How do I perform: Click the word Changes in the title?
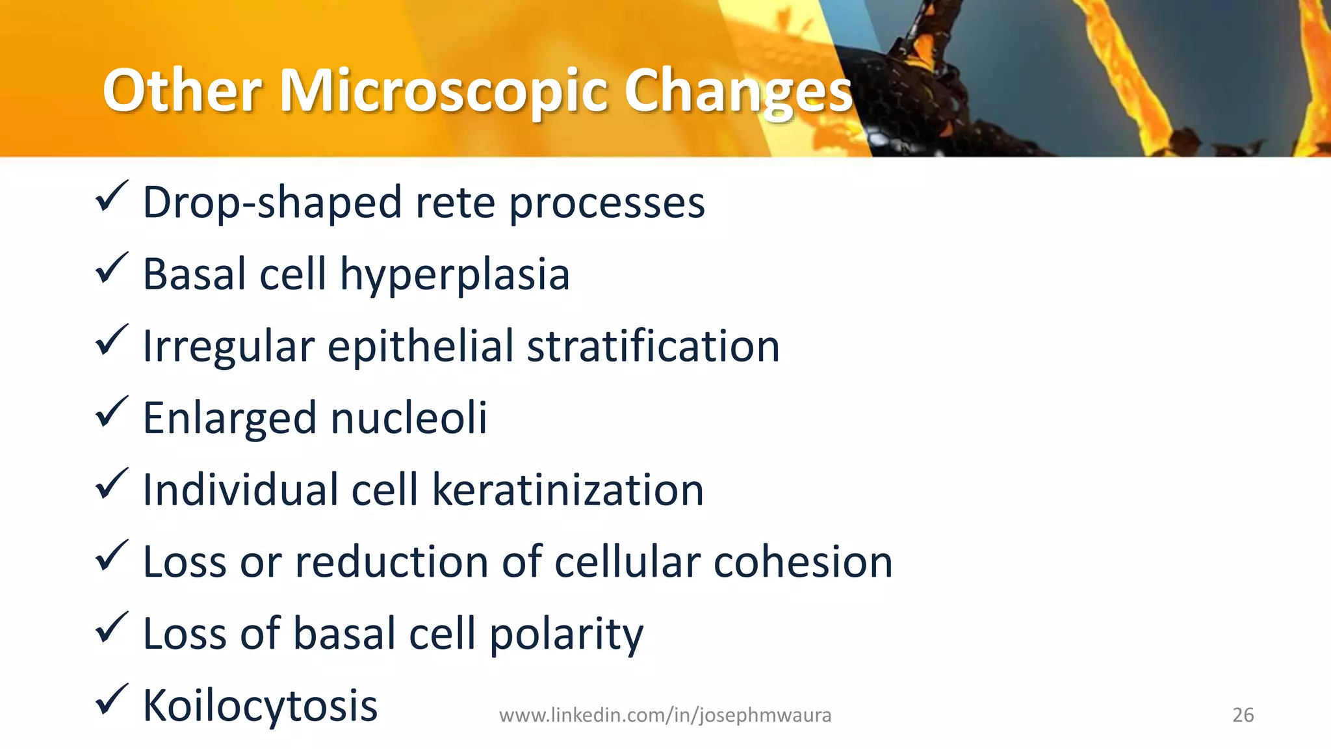738,91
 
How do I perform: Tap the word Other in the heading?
182,91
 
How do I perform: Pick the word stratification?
653,347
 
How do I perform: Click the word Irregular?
228,347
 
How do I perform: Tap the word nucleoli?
409,418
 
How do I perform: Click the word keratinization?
567,490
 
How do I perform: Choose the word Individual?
240,490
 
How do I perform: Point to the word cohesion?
803,562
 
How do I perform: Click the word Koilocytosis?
260,706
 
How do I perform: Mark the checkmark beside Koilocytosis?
111,700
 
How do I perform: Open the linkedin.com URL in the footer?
665,715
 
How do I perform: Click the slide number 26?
1243,715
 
